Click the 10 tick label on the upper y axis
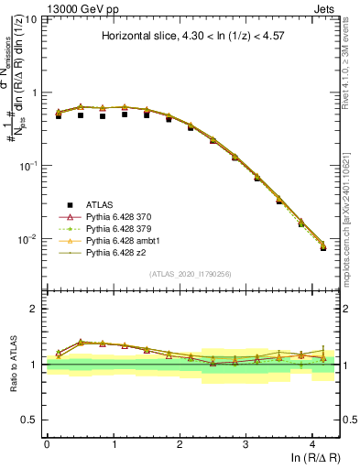tap(31, 19)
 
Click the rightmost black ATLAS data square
tap(323, 247)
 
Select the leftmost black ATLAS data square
tap(59, 116)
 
